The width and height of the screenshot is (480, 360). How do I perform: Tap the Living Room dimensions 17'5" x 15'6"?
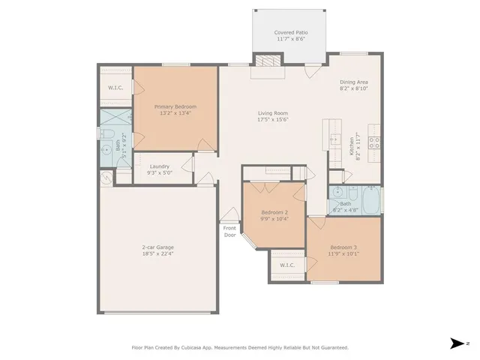(273, 120)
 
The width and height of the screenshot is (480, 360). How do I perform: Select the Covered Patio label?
(290, 33)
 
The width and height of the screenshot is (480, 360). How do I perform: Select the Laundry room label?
(160, 166)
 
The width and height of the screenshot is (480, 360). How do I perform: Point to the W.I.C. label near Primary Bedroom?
(115, 88)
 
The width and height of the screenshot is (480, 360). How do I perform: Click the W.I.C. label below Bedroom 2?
(286, 265)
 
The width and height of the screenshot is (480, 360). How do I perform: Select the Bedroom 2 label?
(274, 212)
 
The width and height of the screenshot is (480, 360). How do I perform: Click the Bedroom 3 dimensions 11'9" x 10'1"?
(343, 253)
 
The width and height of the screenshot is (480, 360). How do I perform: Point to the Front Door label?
(229, 231)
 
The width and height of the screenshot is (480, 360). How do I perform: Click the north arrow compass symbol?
(456, 343)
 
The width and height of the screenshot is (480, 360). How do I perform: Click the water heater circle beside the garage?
(106, 178)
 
